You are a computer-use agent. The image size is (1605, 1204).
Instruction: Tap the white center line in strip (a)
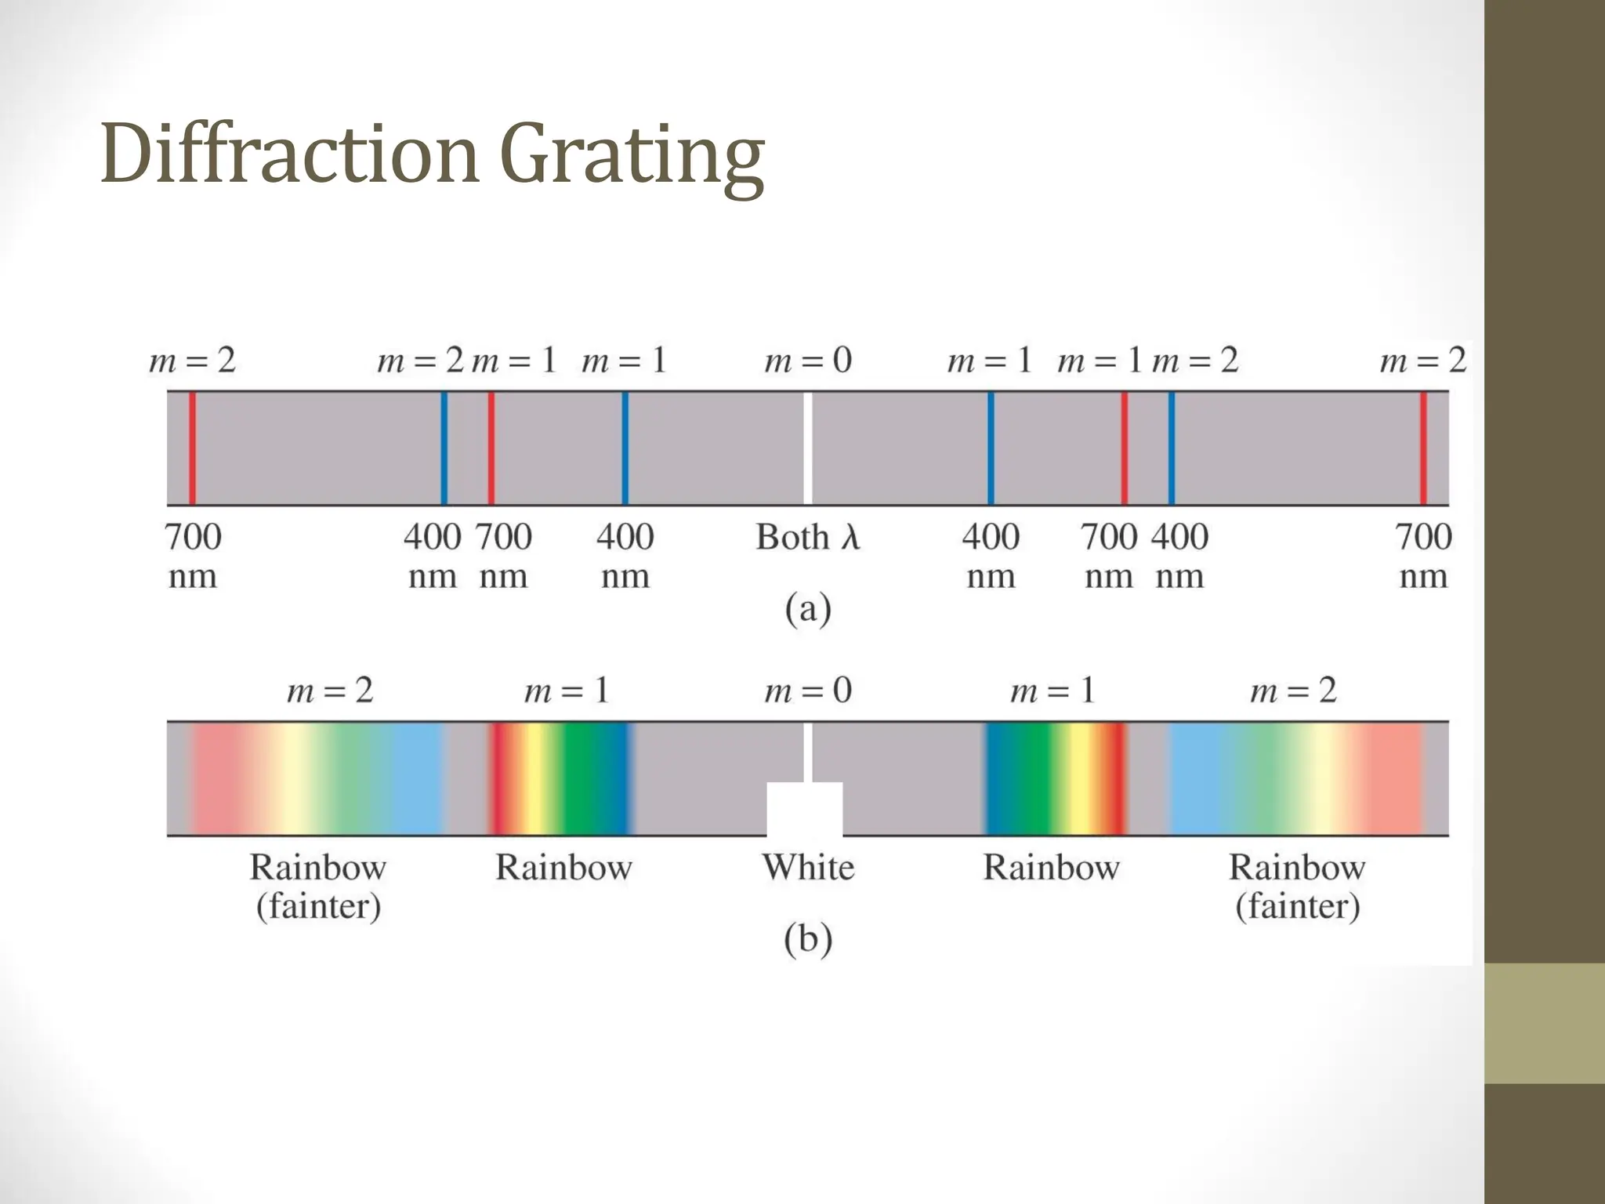point(808,448)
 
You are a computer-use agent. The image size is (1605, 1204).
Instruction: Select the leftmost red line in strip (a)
point(192,448)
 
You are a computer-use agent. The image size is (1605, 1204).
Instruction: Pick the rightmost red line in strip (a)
point(1423,448)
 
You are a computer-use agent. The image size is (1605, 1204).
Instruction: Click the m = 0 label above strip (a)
point(808,361)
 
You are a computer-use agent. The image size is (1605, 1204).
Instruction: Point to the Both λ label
point(808,538)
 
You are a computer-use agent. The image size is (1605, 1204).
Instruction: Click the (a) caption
point(808,609)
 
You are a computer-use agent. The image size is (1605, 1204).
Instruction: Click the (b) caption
point(808,939)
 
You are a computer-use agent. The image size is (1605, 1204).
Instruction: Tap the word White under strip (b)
point(808,868)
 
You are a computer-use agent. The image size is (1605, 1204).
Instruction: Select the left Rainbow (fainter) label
point(318,887)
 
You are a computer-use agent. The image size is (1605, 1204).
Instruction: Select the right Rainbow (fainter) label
point(1297,887)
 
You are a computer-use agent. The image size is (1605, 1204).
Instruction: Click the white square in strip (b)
point(805,809)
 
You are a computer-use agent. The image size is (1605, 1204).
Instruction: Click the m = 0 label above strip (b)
point(808,691)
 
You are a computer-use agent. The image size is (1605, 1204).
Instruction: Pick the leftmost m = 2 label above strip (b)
point(330,691)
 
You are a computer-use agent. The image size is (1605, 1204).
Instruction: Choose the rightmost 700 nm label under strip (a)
point(1423,556)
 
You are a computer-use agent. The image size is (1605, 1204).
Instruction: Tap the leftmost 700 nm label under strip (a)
point(193,556)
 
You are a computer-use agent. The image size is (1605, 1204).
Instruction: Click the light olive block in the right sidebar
point(1544,1023)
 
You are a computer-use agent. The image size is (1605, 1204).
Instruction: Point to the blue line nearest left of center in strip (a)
point(625,448)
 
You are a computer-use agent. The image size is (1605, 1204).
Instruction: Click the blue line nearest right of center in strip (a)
point(991,448)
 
